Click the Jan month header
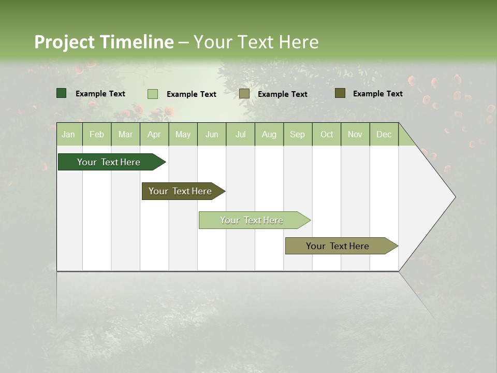pos(69,134)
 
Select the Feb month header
pos(97,134)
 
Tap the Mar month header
pos(125,134)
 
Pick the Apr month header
pos(154,134)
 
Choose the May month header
pos(183,134)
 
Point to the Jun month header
pos(212,134)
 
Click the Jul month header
pos(240,134)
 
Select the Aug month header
pos(269,134)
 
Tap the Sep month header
pos(298,134)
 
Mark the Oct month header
pos(327,134)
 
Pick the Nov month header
pos(355,134)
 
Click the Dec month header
pos(384,134)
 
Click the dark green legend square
pos(62,93)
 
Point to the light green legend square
pos(153,94)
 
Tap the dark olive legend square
pos(340,93)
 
